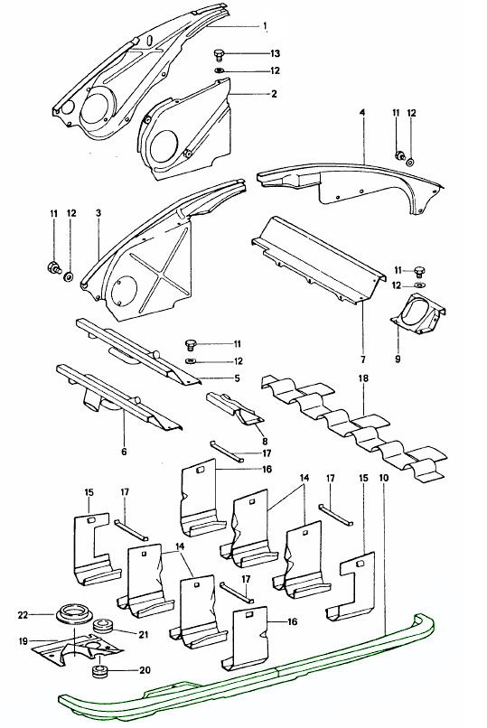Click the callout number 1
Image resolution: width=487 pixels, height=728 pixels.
pyautogui.click(x=265, y=26)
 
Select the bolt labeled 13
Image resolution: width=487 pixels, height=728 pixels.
pyautogui.click(x=220, y=54)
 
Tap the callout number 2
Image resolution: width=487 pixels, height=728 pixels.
pyautogui.click(x=274, y=93)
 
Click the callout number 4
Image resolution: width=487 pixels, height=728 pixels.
pyautogui.click(x=362, y=113)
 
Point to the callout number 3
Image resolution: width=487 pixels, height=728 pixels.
pyautogui.click(x=98, y=213)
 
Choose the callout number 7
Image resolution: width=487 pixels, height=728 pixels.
pyautogui.click(x=363, y=359)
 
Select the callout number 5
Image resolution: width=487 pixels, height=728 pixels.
pyautogui.click(x=238, y=378)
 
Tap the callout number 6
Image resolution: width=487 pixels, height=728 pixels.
pyautogui.click(x=124, y=452)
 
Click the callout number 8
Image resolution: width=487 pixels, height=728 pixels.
pyautogui.click(x=265, y=441)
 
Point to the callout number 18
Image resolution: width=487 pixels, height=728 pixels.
pyautogui.click(x=363, y=378)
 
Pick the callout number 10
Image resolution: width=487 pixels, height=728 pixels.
pyautogui.click(x=384, y=478)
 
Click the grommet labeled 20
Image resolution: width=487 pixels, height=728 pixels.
pyautogui.click(x=98, y=671)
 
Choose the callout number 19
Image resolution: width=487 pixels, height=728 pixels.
pyautogui.click(x=23, y=642)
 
